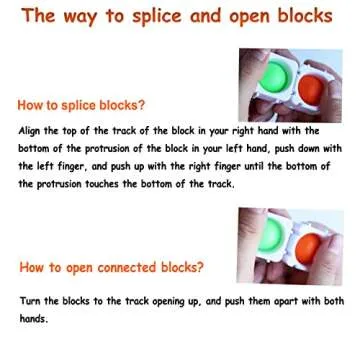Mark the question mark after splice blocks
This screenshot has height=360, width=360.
[141, 104]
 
